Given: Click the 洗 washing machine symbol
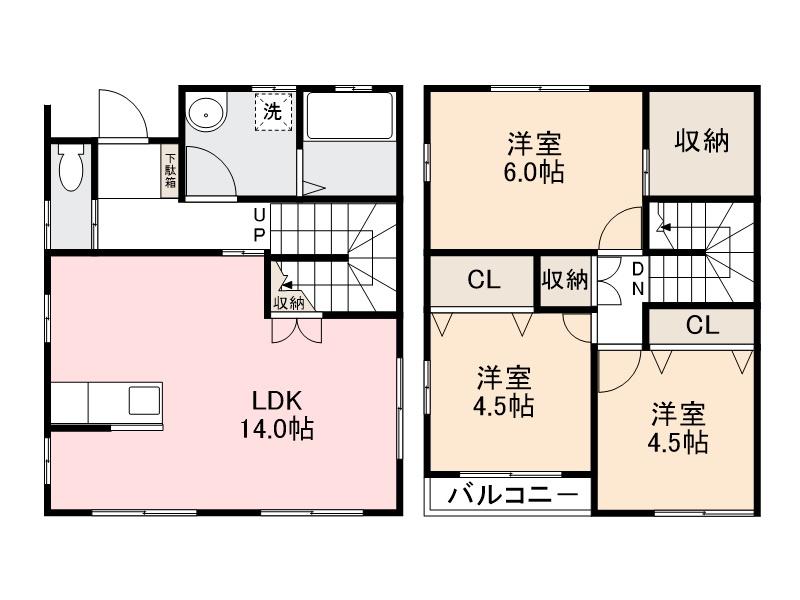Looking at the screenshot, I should click(x=272, y=111).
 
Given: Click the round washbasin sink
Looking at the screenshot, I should click(x=206, y=114).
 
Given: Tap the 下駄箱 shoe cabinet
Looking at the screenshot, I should click(x=171, y=170).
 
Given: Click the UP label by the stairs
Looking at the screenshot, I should click(x=259, y=225).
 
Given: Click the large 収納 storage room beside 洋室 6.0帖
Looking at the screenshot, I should click(x=699, y=141).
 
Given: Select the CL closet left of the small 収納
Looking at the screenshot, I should click(x=483, y=281).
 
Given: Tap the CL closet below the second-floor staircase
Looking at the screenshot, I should click(x=702, y=324).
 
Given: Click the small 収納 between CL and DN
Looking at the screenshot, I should click(x=566, y=281).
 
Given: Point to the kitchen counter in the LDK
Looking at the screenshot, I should click(x=105, y=404).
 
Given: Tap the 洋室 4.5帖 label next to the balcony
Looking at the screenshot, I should click(x=504, y=391).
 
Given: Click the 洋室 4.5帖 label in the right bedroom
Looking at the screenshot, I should click(x=681, y=427).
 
